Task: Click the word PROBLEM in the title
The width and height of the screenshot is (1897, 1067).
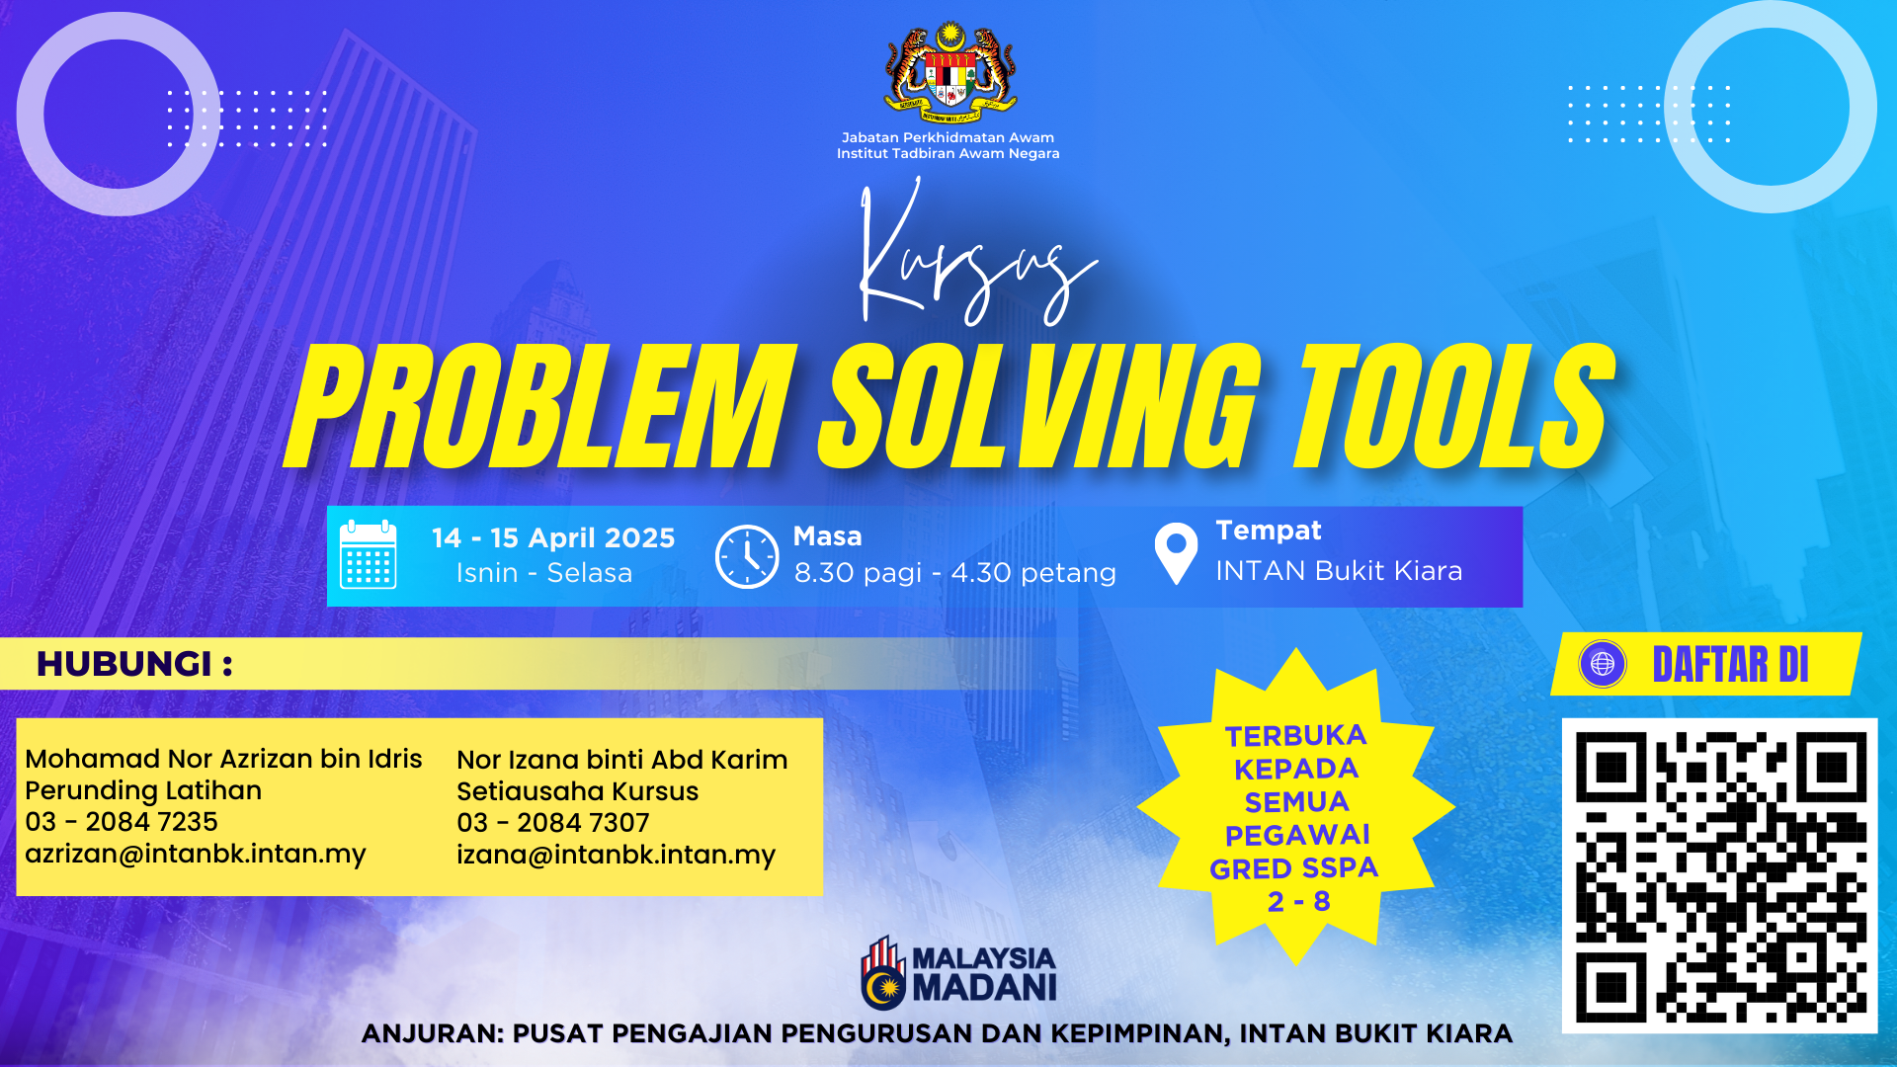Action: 541,407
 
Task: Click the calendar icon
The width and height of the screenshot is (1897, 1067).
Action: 368,555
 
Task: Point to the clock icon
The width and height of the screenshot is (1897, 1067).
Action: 747,556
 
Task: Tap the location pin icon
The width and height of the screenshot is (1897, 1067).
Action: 1176,553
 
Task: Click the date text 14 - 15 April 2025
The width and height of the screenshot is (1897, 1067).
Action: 553,537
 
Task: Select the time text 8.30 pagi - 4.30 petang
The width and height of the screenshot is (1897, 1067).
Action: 955,573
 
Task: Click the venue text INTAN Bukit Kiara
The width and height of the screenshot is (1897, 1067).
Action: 1339,571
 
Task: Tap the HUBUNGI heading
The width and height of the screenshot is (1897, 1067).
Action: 134,664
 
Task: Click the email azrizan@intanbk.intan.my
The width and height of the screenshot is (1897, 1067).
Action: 196,855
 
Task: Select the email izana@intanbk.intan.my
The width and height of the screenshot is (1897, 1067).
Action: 616,856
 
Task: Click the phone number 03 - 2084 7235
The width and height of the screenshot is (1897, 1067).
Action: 122,822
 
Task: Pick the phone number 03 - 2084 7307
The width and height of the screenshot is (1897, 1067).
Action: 553,823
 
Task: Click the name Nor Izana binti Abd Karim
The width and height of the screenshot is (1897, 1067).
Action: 622,760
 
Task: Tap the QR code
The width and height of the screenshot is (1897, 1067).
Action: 1719,876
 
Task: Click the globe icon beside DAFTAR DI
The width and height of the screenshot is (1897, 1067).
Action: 1603,664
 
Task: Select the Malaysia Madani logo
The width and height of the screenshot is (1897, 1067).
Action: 958,973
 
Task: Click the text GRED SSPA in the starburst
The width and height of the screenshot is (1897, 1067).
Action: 1293,868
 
